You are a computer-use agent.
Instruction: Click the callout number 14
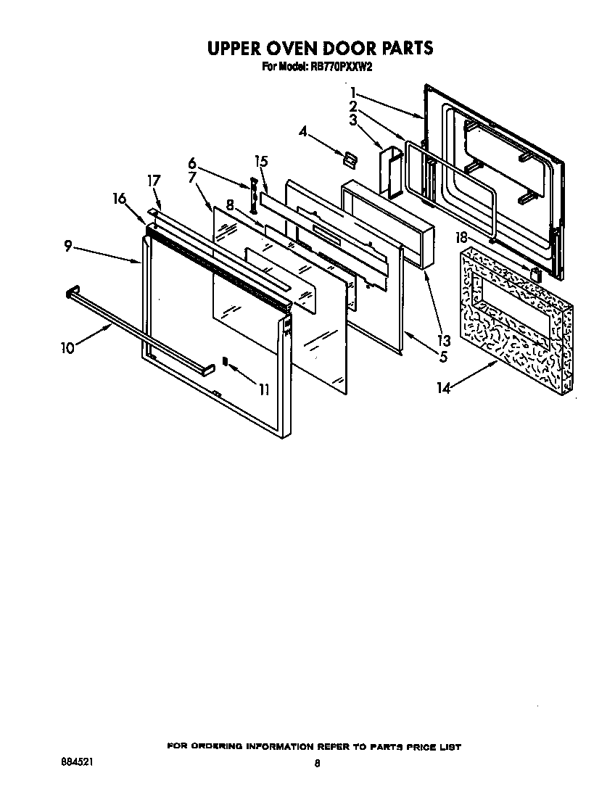[x=443, y=389]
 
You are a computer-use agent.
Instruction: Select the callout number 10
[x=67, y=347]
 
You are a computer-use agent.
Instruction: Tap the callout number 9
[x=67, y=247]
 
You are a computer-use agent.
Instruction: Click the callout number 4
[x=303, y=131]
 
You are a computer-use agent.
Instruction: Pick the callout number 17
[x=154, y=181]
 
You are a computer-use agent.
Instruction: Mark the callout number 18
[x=461, y=236]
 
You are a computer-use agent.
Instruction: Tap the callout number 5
[x=442, y=357]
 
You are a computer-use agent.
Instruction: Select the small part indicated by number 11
[x=225, y=360]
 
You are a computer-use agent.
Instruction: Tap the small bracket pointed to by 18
[x=535, y=274]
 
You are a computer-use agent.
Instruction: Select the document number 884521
[x=77, y=763]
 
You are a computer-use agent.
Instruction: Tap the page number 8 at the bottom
[x=318, y=764]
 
